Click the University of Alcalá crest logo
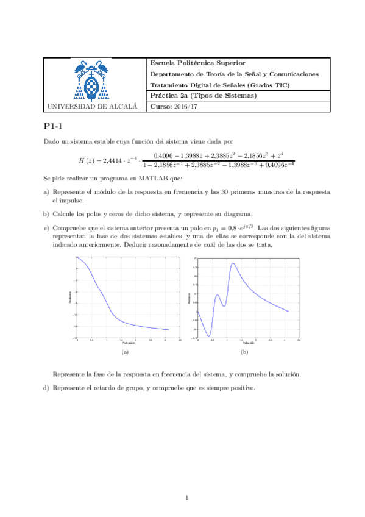(x=91, y=80)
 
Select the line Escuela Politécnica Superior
(x=198, y=63)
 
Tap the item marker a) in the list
(x=46, y=191)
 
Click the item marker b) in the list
(x=46, y=213)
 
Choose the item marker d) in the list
(x=46, y=388)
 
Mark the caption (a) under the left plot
(x=126, y=352)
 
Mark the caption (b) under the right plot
(x=244, y=352)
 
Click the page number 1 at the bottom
(x=187, y=499)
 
